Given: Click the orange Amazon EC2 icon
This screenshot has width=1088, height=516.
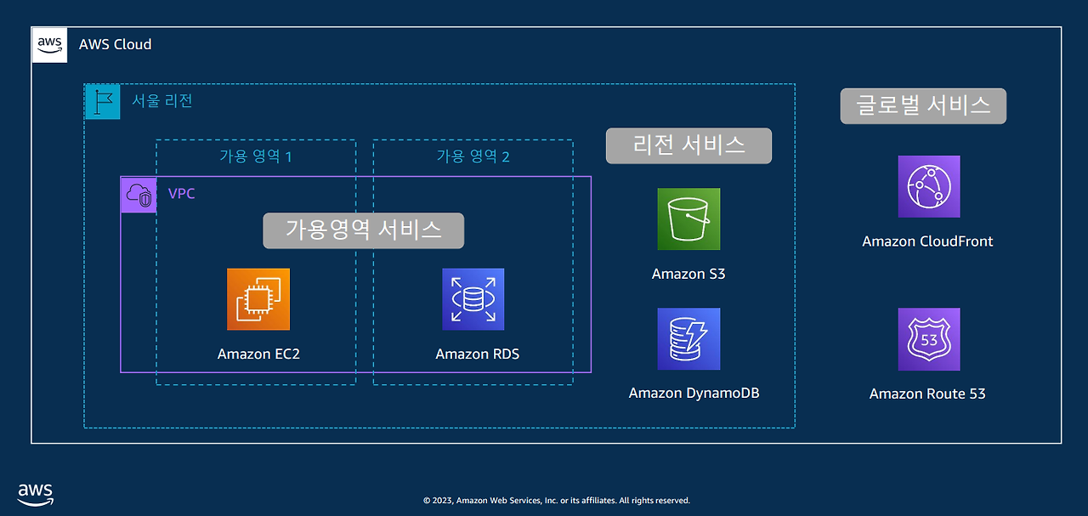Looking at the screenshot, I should (258, 299).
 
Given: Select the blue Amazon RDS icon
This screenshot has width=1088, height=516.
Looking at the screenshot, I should (473, 299).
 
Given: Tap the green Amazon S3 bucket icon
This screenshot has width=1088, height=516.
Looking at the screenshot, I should (688, 219).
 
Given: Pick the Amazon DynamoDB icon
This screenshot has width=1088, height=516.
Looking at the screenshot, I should (688, 339).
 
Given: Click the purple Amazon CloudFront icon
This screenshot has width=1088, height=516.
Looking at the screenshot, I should (929, 187).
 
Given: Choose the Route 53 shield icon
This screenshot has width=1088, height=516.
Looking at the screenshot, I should (929, 339).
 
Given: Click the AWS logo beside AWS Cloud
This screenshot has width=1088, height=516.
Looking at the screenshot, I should (49, 45).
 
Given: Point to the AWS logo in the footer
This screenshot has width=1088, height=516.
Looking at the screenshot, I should (36, 493).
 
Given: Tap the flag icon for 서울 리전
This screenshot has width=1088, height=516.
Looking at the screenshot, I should (102, 101).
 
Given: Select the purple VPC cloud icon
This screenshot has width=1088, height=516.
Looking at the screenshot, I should (139, 195).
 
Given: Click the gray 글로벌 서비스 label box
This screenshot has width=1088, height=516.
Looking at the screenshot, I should (923, 106).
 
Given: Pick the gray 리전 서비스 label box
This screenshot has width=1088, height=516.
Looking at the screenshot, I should (688, 145).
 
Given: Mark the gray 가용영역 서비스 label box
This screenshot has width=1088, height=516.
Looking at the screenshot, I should (363, 230).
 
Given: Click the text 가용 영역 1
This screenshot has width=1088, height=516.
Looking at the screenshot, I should (256, 156).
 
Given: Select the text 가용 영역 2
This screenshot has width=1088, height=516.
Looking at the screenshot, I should (473, 156).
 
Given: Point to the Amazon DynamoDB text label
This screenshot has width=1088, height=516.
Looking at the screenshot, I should (694, 394).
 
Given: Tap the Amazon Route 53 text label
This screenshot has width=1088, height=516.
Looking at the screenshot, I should (927, 394).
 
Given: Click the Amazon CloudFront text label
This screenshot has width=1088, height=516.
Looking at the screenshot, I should (927, 241).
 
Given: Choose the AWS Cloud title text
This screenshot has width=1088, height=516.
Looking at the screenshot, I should (115, 44).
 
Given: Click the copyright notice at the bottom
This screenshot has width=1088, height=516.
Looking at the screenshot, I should (557, 501).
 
